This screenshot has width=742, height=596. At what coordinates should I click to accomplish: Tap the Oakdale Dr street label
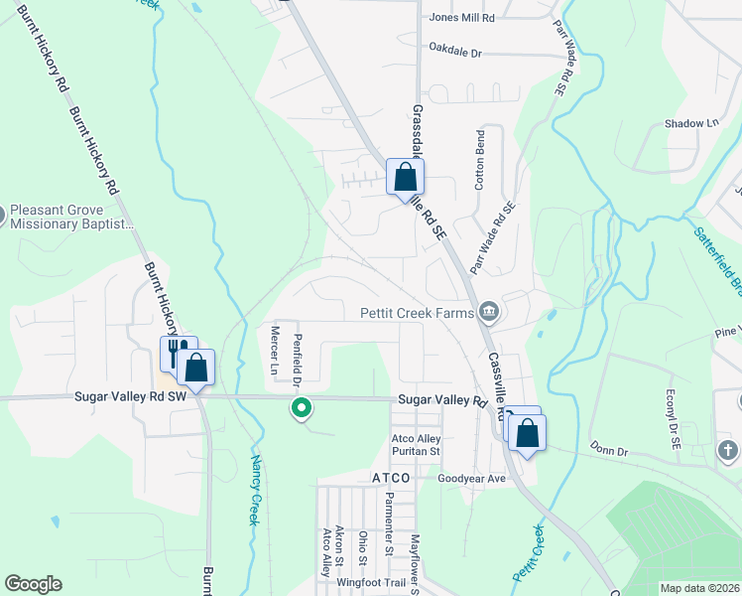tap(454, 48)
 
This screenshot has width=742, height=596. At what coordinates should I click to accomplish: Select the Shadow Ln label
tap(691, 123)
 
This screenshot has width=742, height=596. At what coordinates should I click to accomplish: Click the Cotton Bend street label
tap(480, 160)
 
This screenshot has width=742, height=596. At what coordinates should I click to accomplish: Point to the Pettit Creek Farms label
tap(417, 313)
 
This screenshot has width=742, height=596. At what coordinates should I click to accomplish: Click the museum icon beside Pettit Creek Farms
tap(488, 313)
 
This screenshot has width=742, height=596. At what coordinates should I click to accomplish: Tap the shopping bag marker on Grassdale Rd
tap(405, 179)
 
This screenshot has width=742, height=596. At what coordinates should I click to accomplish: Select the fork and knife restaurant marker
tap(177, 354)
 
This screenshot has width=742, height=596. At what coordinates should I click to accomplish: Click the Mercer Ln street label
tap(276, 352)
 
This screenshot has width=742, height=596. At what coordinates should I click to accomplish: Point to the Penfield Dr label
tap(297, 359)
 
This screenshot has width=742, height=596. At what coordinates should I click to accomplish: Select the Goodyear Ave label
tap(472, 478)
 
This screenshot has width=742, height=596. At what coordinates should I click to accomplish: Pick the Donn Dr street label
tap(608, 451)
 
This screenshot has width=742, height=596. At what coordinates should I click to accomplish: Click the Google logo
tap(33, 584)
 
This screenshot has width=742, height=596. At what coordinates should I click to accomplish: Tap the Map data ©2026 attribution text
tap(699, 588)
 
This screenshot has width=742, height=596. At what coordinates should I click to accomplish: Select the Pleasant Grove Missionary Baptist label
tap(71, 218)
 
